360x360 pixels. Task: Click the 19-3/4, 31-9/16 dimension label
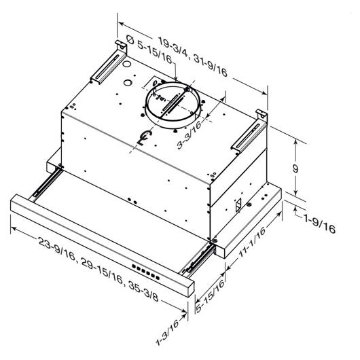coord(193,58)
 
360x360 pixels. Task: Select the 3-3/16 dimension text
coord(190,134)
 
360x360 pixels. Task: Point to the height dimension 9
coord(295,168)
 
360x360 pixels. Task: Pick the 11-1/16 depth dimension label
coord(252,242)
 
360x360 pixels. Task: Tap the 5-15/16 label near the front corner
coord(210,296)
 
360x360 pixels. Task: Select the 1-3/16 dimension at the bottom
coord(167,332)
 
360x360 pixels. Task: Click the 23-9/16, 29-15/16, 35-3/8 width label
coord(98,269)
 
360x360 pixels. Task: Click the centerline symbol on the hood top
coord(145,137)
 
